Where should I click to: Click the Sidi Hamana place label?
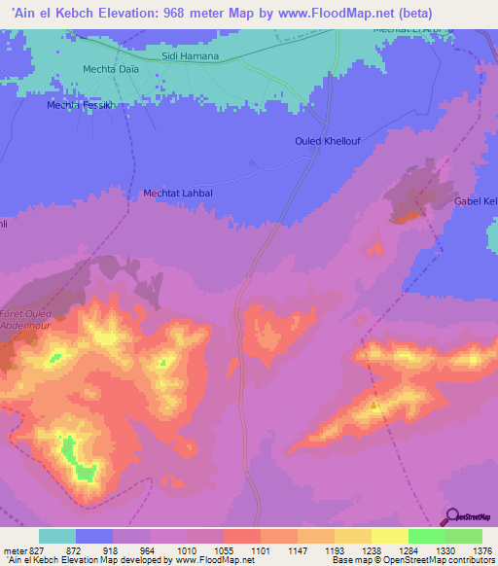(x=191, y=56)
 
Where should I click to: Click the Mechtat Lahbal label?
(x=178, y=194)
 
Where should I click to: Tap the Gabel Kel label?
(x=476, y=201)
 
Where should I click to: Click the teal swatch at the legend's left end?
(x=57, y=536)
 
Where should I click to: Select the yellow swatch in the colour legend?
(x=390, y=536)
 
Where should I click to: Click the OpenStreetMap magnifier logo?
(x=452, y=516)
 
